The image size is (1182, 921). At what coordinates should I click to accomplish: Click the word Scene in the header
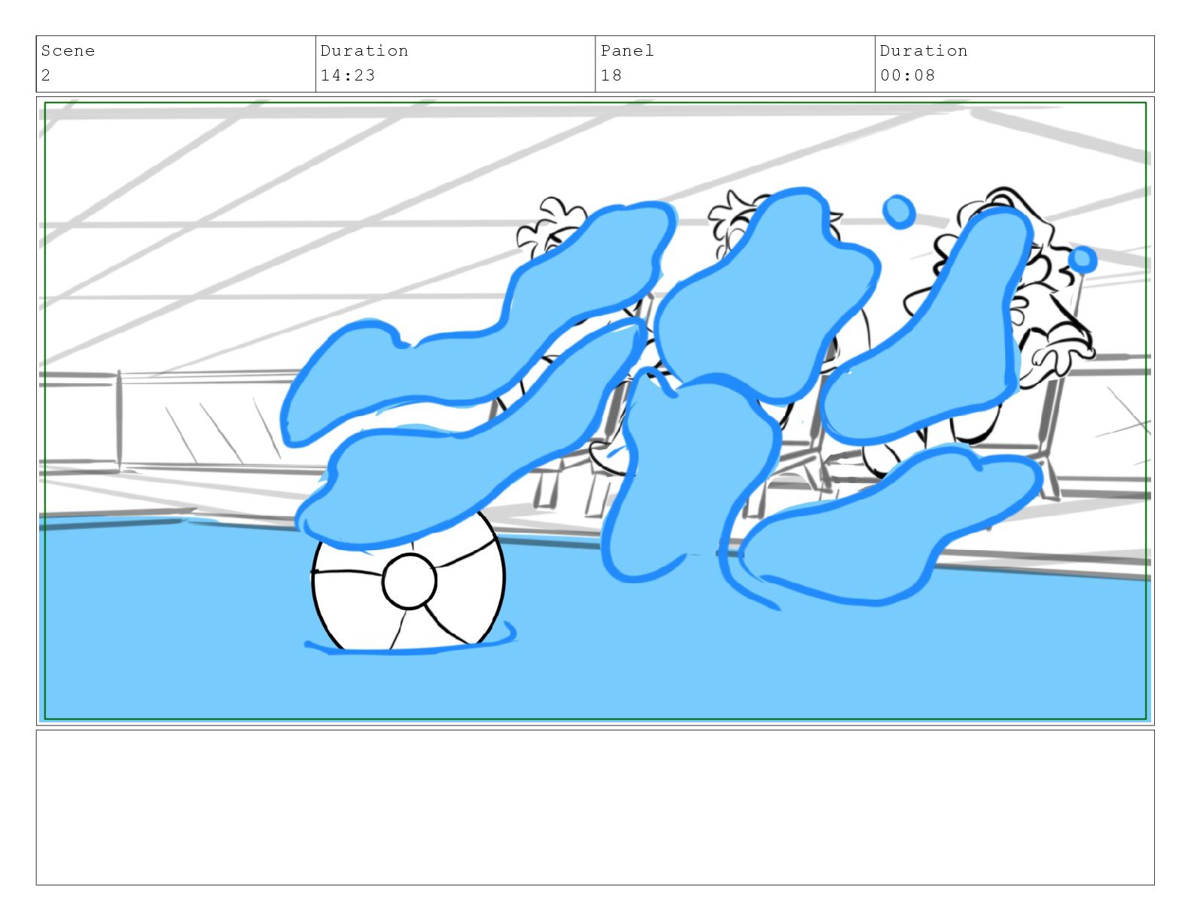point(68,50)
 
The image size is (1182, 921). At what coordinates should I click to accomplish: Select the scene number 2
point(46,75)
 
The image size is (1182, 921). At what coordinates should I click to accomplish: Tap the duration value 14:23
point(347,75)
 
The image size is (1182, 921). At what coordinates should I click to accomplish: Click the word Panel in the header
point(626,50)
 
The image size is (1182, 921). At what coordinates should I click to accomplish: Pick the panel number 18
point(611,75)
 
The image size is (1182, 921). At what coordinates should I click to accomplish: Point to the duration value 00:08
point(906,75)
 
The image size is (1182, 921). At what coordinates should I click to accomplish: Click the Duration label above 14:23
point(364,50)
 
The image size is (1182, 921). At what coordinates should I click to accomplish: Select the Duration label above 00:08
point(923,50)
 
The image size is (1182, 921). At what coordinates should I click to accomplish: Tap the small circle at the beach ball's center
point(409,581)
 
